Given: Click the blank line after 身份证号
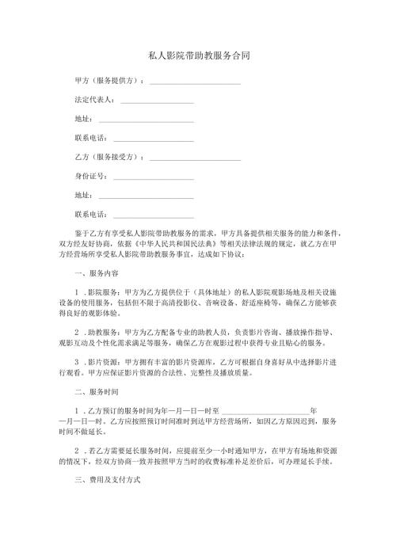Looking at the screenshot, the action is (154, 176).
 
